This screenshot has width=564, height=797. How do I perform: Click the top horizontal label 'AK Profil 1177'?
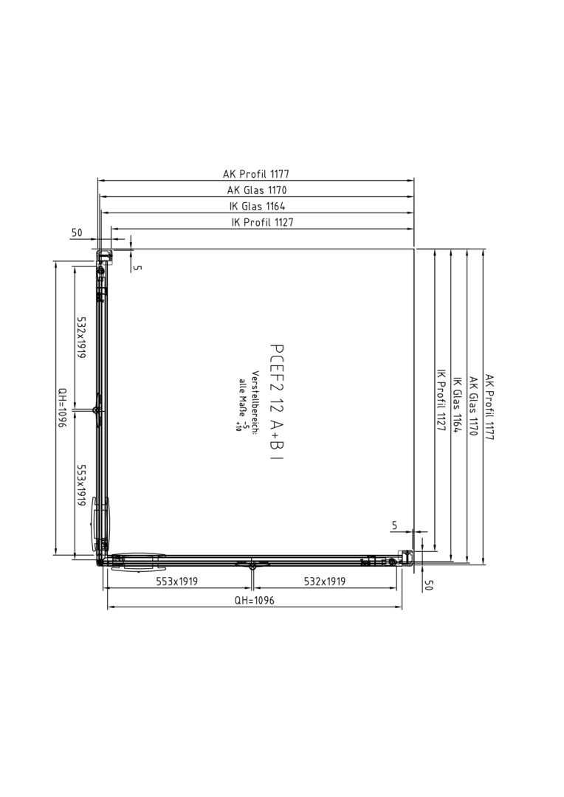pos(256,174)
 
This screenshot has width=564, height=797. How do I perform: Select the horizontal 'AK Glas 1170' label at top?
pos(257,190)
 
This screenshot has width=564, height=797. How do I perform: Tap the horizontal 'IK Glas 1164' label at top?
pos(257,206)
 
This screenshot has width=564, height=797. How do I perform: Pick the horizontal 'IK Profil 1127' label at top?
pos(262,222)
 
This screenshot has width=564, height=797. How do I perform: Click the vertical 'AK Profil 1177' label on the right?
pos(489,407)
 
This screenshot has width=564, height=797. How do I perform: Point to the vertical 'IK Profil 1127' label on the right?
pos(441,400)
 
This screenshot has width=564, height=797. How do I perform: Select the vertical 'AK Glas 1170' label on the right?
pos(473,406)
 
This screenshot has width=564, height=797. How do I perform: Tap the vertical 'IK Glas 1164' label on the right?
pos(457,404)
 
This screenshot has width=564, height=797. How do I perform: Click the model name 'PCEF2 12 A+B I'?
pos(277,404)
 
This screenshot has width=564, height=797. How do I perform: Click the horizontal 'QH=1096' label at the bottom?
pos(254,600)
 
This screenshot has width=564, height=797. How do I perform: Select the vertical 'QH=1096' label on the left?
pos(62,407)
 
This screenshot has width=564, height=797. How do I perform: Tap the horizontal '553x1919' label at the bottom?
pos(177,582)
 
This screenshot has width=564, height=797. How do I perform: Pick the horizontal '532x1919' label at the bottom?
pos(325,582)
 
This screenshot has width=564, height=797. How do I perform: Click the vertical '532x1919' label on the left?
pos(81,337)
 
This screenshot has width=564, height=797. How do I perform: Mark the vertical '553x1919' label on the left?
pos(81,484)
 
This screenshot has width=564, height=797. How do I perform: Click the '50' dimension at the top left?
pos(76,232)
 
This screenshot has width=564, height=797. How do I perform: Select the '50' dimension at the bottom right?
pos(428,585)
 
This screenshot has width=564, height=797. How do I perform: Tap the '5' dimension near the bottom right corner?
pos(395,525)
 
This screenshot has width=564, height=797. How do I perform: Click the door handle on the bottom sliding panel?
pos(137,562)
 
